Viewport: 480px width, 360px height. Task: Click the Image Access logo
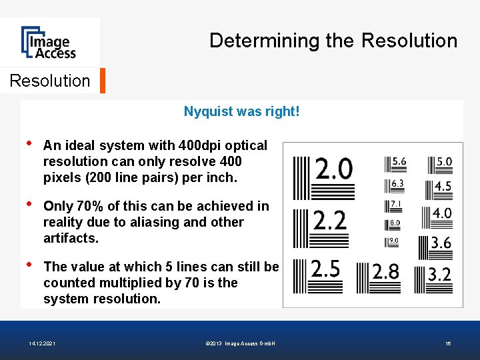click(48, 42)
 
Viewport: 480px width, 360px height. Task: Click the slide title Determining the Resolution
click(333, 41)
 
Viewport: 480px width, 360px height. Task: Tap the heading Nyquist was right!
click(241, 111)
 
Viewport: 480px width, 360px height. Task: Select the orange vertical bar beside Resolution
click(102, 81)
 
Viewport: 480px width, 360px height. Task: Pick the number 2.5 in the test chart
click(325, 269)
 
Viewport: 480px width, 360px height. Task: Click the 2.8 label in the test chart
click(385, 271)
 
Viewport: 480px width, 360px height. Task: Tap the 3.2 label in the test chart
click(439, 273)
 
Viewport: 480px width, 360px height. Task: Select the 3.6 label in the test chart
click(441, 243)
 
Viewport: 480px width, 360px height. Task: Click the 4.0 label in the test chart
click(442, 213)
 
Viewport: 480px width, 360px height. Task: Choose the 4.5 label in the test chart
click(443, 187)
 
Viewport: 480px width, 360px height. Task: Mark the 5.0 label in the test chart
click(443, 161)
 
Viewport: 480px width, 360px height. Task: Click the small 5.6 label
click(399, 161)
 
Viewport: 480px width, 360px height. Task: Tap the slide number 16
click(449, 343)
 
